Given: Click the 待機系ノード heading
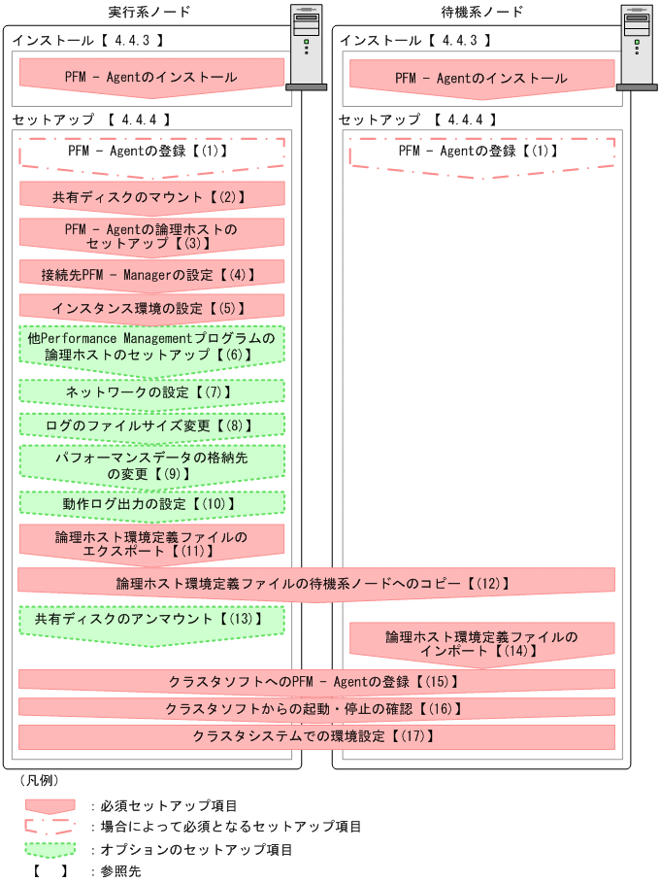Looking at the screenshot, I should tap(482, 12).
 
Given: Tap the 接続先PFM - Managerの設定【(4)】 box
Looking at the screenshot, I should tap(151, 275).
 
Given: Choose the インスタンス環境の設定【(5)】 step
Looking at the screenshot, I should tap(151, 309).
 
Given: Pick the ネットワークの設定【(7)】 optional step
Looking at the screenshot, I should tap(151, 391).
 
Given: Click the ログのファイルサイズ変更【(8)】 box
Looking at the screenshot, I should tap(151, 425).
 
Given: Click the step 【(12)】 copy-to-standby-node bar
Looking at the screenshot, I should tap(316, 583).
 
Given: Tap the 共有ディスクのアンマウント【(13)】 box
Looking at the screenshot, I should tap(151, 619).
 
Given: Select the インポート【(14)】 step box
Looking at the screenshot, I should tap(481, 644).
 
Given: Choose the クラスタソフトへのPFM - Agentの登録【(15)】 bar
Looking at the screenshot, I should tap(316, 681).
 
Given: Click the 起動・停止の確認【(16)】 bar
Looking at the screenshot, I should tap(316, 709).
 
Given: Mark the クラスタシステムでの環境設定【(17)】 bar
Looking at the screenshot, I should tap(316, 736).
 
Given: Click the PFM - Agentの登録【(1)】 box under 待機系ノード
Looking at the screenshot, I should tap(481, 153).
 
